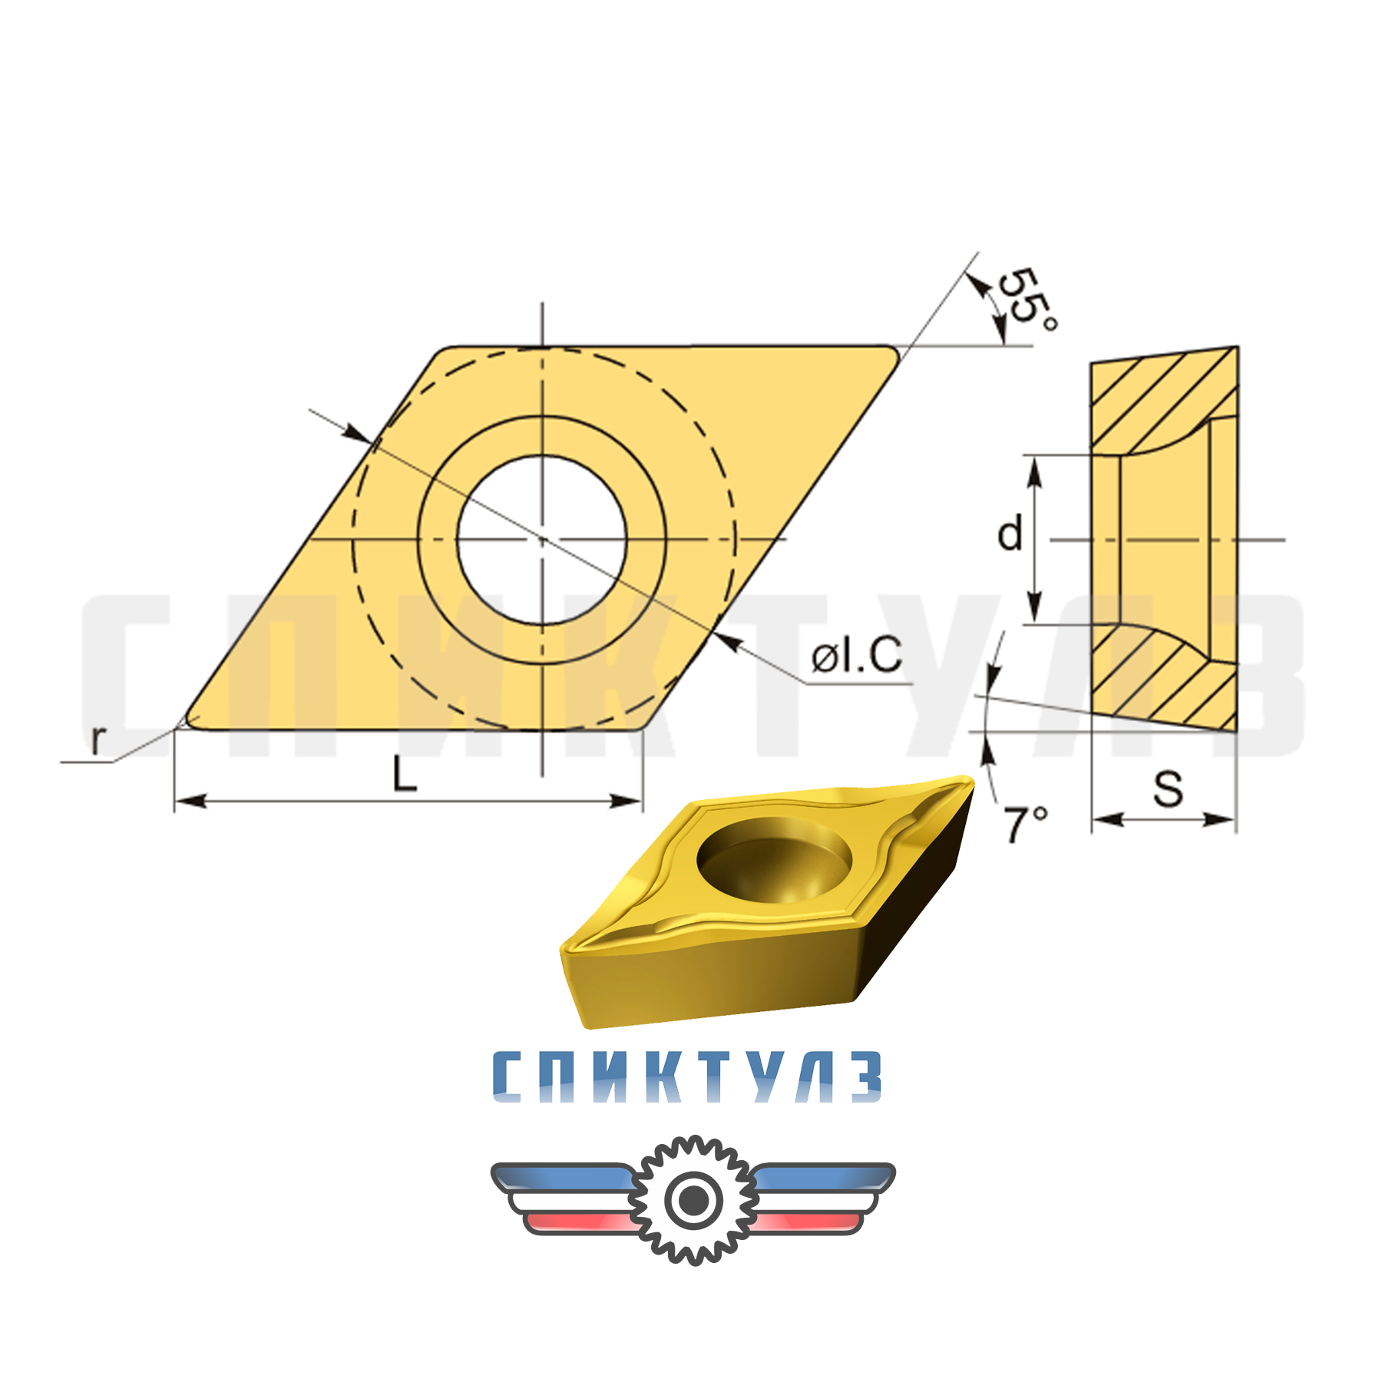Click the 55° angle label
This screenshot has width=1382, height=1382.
click(x=1027, y=299)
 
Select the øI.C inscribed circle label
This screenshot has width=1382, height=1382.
click(x=856, y=656)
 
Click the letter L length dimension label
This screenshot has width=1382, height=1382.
click(x=404, y=774)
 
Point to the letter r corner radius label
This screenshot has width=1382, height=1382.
click(x=98, y=739)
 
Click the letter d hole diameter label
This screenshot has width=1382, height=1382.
click(x=1010, y=534)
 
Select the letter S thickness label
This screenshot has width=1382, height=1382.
click(x=1168, y=789)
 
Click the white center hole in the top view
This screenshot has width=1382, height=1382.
click(x=542, y=540)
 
